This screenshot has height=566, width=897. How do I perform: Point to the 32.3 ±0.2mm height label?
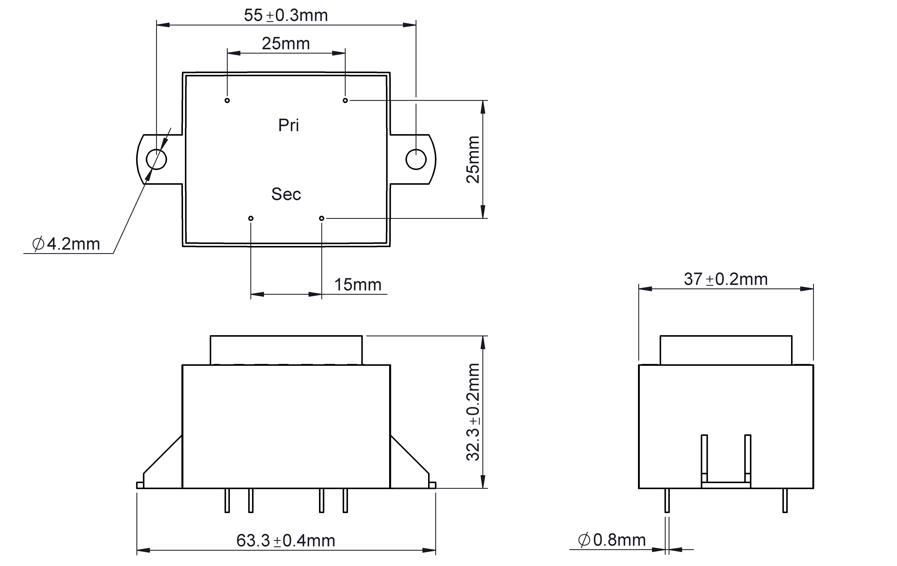(473, 412)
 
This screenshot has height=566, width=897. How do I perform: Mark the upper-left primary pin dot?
(227, 101)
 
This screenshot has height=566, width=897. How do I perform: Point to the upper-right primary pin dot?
(345, 101)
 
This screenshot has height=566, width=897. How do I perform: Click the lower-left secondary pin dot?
(251, 218)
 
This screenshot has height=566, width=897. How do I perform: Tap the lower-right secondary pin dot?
(321, 218)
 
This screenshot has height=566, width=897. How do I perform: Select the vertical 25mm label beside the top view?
(473, 160)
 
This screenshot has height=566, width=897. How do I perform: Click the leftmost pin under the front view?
(227, 500)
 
